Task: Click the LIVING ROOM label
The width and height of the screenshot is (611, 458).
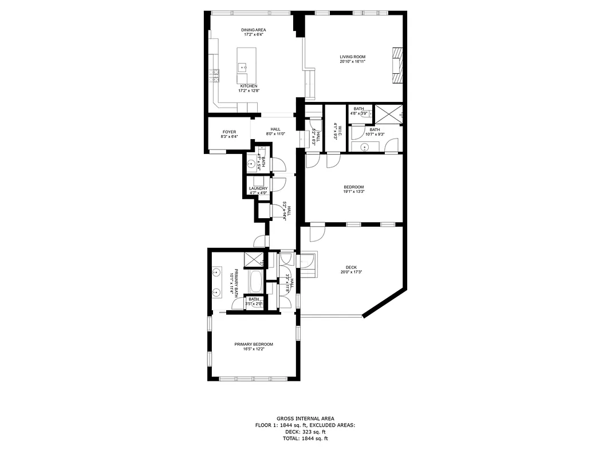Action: click(352, 57)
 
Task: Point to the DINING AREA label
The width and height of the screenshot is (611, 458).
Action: click(253, 30)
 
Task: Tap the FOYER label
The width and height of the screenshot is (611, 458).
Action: click(229, 132)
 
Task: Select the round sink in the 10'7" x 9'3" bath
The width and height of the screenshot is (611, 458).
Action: click(364, 147)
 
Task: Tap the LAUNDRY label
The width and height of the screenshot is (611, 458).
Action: click(258, 188)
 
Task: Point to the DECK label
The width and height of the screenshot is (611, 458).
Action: click(351, 267)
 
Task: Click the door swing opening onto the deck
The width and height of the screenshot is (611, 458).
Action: click(316, 234)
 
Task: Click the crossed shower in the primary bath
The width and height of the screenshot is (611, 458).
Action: click(253, 260)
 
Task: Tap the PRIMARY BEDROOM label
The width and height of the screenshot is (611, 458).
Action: click(253, 344)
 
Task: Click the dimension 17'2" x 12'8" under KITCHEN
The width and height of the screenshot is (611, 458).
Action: click(249, 90)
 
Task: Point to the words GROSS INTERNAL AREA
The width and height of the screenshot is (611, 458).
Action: click(305, 418)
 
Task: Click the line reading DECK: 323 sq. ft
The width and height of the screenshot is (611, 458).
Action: click(305, 432)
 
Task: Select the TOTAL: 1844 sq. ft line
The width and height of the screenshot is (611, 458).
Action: click(305, 439)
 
